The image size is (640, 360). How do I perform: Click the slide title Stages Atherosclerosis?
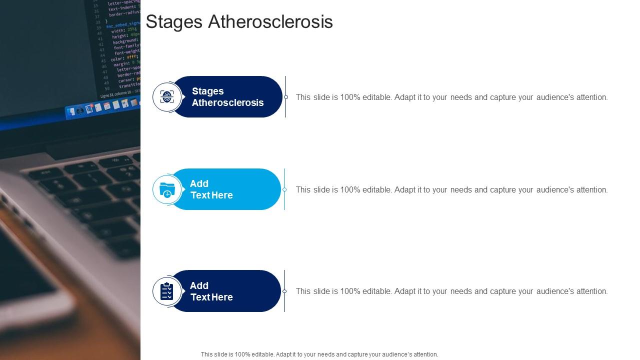pos(239,22)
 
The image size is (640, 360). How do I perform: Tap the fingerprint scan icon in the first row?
pos(167,97)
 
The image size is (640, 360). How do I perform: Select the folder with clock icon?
pos(167,189)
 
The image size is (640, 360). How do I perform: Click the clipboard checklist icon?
pos(167,291)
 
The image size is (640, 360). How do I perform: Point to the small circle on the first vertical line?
pos(286,97)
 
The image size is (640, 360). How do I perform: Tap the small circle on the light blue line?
pos(284,189)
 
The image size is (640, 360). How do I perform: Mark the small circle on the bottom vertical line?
pos(284,291)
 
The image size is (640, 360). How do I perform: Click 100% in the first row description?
pos(350,97)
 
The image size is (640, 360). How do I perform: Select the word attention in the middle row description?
pos(591,190)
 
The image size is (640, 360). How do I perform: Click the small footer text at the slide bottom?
pos(319,354)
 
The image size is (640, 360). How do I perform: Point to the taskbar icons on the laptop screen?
pos(102,106)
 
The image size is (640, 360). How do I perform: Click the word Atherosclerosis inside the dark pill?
pos(228,103)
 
